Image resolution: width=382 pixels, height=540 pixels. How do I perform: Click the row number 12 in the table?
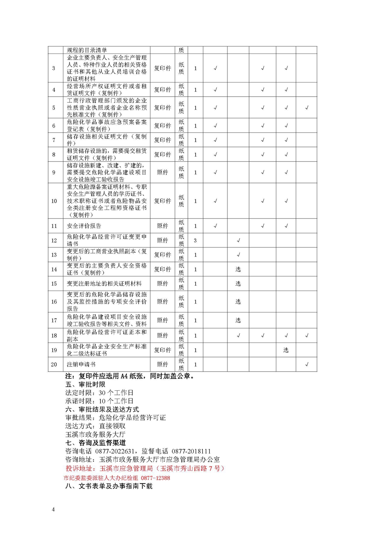click(54, 240)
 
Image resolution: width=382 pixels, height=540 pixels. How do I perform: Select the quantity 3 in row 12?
click(195, 240)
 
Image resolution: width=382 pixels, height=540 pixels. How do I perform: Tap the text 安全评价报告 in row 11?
click(84, 226)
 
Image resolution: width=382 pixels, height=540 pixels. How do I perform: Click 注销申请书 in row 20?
click(81, 364)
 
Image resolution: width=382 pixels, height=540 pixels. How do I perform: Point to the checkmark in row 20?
click(307, 364)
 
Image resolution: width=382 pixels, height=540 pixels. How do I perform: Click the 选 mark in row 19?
click(286, 350)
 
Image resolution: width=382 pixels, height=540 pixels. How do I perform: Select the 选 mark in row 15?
click(238, 283)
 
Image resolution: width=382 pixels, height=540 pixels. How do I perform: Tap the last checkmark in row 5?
click(307, 108)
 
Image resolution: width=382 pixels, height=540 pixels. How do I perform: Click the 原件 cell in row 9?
click(162, 172)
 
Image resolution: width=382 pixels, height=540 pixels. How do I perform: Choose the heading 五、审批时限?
click(85, 384)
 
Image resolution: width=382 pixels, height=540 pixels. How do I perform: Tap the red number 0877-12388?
click(155, 478)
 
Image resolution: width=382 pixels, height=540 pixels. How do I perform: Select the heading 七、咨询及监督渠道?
click(95, 443)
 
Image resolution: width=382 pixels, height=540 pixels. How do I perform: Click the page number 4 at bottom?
click(53, 509)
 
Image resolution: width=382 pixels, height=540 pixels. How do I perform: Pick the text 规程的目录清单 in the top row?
click(87, 50)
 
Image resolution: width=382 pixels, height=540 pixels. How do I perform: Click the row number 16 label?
click(54, 301)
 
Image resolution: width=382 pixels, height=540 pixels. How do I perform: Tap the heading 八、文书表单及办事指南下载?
click(109, 486)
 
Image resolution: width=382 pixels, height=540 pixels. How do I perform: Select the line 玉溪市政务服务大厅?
click(95, 434)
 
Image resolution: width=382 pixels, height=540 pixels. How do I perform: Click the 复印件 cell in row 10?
click(162, 201)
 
